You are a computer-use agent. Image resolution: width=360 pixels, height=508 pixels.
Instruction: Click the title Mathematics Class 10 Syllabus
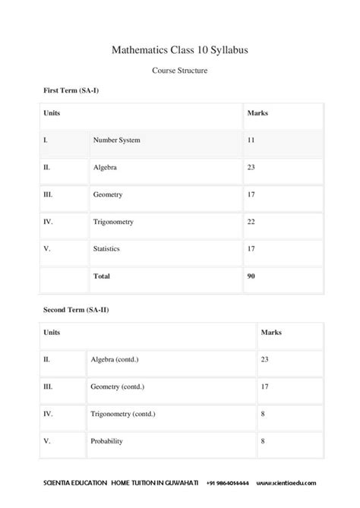(x=180, y=50)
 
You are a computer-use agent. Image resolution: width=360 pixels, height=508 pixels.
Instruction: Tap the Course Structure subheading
(x=180, y=71)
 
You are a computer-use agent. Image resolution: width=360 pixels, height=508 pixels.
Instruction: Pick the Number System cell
(x=116, y=140)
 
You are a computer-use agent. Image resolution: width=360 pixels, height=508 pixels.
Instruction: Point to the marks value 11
(x=251, y=140)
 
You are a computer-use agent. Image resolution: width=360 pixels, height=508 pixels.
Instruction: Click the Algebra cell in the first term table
(x=105, y=167)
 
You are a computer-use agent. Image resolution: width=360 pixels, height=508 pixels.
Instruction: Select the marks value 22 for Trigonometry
(x=251, y=222)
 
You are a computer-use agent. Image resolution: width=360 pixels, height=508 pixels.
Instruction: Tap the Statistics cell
(x=106, y=248)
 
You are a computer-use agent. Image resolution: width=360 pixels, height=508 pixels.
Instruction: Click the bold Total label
(x=101, y=276)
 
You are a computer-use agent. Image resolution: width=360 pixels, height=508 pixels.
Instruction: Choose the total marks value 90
(x=251, y=276)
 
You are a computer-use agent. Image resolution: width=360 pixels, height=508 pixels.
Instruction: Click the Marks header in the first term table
(x=257, y=113)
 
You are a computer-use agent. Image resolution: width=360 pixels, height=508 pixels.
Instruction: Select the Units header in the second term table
(x=52, y=333)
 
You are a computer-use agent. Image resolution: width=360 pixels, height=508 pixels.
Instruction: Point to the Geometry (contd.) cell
(x=117, y=387)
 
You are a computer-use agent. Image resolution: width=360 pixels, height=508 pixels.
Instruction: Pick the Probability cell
(x=106, y=441)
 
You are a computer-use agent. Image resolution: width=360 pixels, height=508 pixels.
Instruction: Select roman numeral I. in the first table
(x=46, y=140)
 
